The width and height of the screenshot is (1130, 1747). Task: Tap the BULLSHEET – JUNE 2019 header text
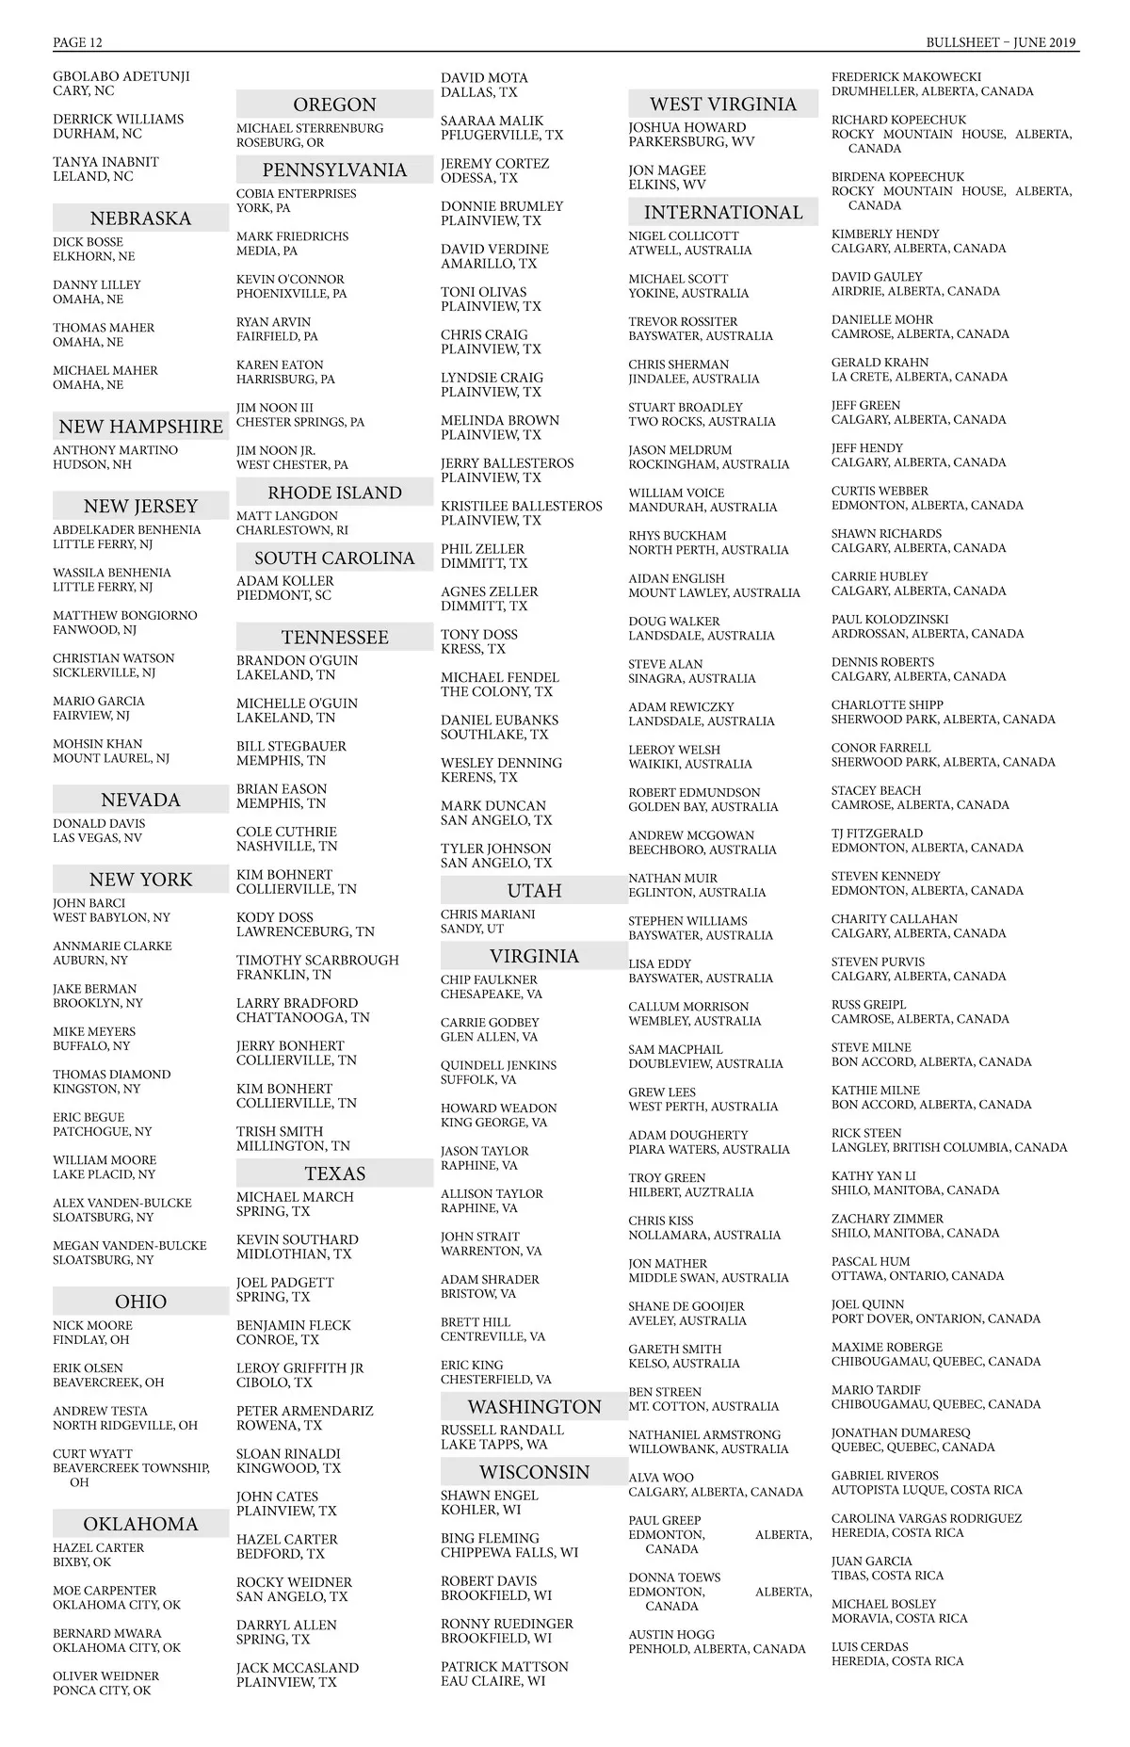click(x=1001, y=42)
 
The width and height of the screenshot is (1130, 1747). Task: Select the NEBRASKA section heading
click(x=140, y=218)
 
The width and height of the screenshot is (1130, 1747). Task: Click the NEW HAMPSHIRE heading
click(x=140, y=427)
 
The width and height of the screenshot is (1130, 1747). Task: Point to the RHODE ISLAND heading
click(x=334, y=493)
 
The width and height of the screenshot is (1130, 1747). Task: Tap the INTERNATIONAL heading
click(x=723, y=213)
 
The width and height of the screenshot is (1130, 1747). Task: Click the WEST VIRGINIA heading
click(x=723, y=105)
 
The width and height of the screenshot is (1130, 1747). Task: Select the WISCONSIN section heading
click(x=534, y=1472)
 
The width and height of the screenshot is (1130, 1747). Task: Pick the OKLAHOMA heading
click(x=140, y=1524)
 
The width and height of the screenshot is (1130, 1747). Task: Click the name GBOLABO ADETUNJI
click(x=121, y=76)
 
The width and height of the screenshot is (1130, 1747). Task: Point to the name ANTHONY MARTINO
click(x=115, y=450)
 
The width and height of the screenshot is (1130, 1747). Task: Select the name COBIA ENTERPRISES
click(x=296, y=194)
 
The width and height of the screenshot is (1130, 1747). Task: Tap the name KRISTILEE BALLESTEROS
click(x=521, y=507)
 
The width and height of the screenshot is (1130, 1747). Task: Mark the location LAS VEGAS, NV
click(x=97, y=838)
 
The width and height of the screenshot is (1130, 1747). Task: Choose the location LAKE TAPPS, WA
click(x=493, y=1444)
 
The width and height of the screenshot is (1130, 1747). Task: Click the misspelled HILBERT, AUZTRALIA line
click(x=690, y=1192)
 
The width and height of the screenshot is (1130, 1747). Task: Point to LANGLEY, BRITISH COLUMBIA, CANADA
click(x=948, y=1147)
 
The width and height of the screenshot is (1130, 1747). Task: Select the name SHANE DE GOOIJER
click(x=686, y=1306)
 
